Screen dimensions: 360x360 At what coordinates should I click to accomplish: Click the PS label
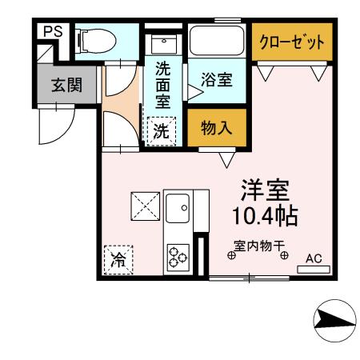click(x=53, y=32)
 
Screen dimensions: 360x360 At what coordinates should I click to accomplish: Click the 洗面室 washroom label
click(x=162, y=86)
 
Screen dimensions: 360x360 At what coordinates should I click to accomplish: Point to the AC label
click(x=314, y=258)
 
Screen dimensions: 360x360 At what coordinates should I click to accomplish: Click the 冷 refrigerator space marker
click(x=118, y=259)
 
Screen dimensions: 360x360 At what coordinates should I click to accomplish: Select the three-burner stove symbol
click(x=177, y=255)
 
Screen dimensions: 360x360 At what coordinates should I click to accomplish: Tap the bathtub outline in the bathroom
click(x=218, y=40)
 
